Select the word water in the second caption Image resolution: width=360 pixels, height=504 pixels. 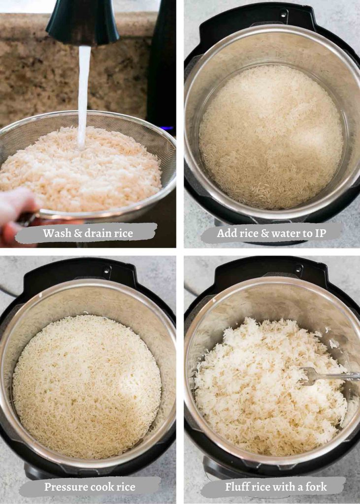[x=289, y=234]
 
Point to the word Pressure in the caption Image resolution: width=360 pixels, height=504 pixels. [x=65, y=487]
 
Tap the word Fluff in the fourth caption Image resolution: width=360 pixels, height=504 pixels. [x=237, y=487]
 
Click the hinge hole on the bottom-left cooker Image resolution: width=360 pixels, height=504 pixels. [x=106, y=270]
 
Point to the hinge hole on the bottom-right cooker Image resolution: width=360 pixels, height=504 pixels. [x=298, y=269]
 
